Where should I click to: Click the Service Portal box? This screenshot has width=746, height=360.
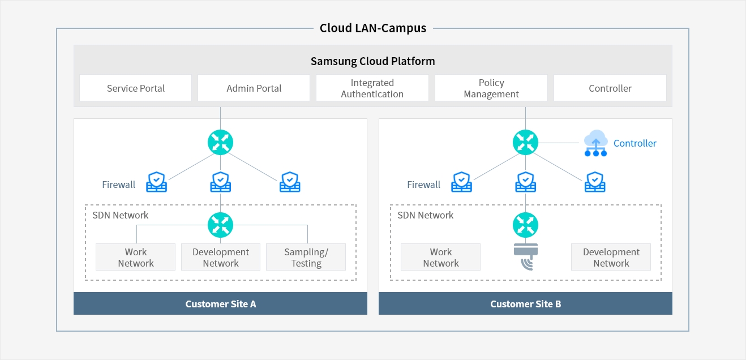click(x=135, y=88)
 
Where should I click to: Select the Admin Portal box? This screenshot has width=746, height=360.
click(x=254, y=88)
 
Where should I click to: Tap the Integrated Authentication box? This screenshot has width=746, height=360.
click(x=372, y=88)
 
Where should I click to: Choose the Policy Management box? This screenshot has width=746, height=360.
click(x=491, y=88)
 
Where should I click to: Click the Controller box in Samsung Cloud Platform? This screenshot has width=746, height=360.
click(x=610, y=88)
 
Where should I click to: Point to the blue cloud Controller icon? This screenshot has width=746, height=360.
click(x=596, y=143)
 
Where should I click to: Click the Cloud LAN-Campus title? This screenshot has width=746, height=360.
click(x=373, y=28)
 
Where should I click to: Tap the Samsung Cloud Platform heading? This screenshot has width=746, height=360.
click(x=373, y=61)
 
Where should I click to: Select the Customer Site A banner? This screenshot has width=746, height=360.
click(x=221, y=303)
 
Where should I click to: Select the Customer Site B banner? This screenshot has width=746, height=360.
click(x=525, y=303)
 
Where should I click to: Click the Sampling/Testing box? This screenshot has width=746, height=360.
click(x=306, y=257)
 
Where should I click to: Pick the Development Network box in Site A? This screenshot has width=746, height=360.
click(x=221, y=257)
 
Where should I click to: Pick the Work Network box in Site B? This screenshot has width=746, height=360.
click(x=440, y=257)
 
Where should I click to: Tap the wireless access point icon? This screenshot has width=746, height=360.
click(x=526, y=256)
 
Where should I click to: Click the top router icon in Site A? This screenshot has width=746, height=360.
click(x=221, y=142)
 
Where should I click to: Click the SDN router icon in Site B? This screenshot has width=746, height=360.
click(x=525, y=225)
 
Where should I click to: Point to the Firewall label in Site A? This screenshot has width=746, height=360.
click(x=118, y=185)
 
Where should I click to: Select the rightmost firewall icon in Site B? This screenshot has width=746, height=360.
click(x=595, y=182)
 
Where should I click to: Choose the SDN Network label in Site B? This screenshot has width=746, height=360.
click(x=425, y=215)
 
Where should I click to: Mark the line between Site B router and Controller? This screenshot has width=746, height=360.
click(x=559, y=143)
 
